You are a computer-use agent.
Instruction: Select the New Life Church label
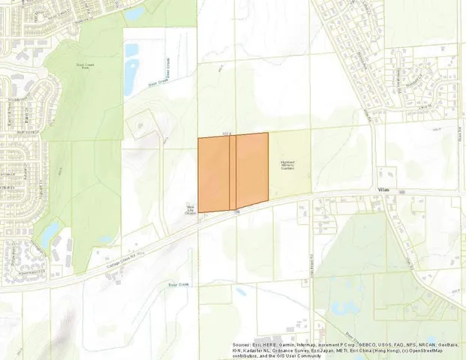click(x=190, y=210)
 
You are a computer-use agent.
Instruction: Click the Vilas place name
click(x=386, y=191)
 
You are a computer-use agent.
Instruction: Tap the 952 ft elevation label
click(x=227, y=133)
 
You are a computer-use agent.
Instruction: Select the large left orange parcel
click(x=213, y=174)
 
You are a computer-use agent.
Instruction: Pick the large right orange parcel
click(x=252, y=169)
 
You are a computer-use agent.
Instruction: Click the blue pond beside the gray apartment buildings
click(x=49, y=234)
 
